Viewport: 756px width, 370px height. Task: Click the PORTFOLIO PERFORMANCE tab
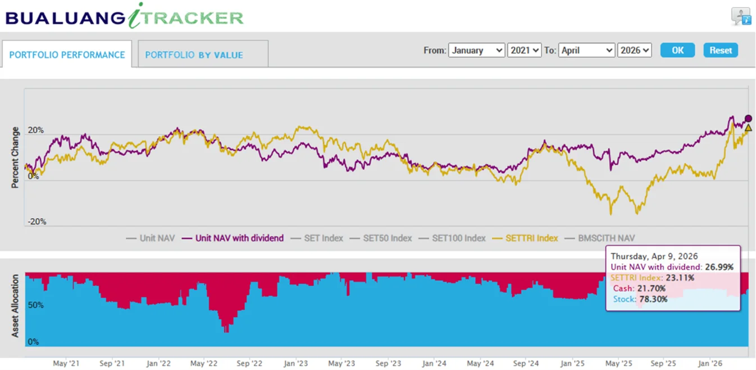click(67, 55)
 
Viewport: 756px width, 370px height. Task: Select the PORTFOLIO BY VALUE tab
click(194, 55)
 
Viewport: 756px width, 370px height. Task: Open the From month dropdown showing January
click(476, 50)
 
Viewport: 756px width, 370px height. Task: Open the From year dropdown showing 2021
click(524, 50)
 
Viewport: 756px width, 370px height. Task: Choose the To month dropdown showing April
click(586, 50)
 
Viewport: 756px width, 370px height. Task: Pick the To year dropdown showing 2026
click(634, 50)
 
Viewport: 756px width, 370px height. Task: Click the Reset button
click(720, 50)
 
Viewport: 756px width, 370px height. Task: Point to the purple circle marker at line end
click(748, 119)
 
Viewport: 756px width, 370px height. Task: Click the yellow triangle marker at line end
click(748, 128)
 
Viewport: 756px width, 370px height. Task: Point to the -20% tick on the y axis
click(37, 222)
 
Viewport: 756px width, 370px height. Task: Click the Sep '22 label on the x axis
click(249, 363)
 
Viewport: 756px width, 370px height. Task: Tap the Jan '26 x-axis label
click(710, 363)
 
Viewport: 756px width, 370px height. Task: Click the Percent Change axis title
click(15, 157)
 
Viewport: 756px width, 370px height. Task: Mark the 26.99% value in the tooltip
click(719, 267)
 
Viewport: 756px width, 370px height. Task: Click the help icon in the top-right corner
click(741, 16)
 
